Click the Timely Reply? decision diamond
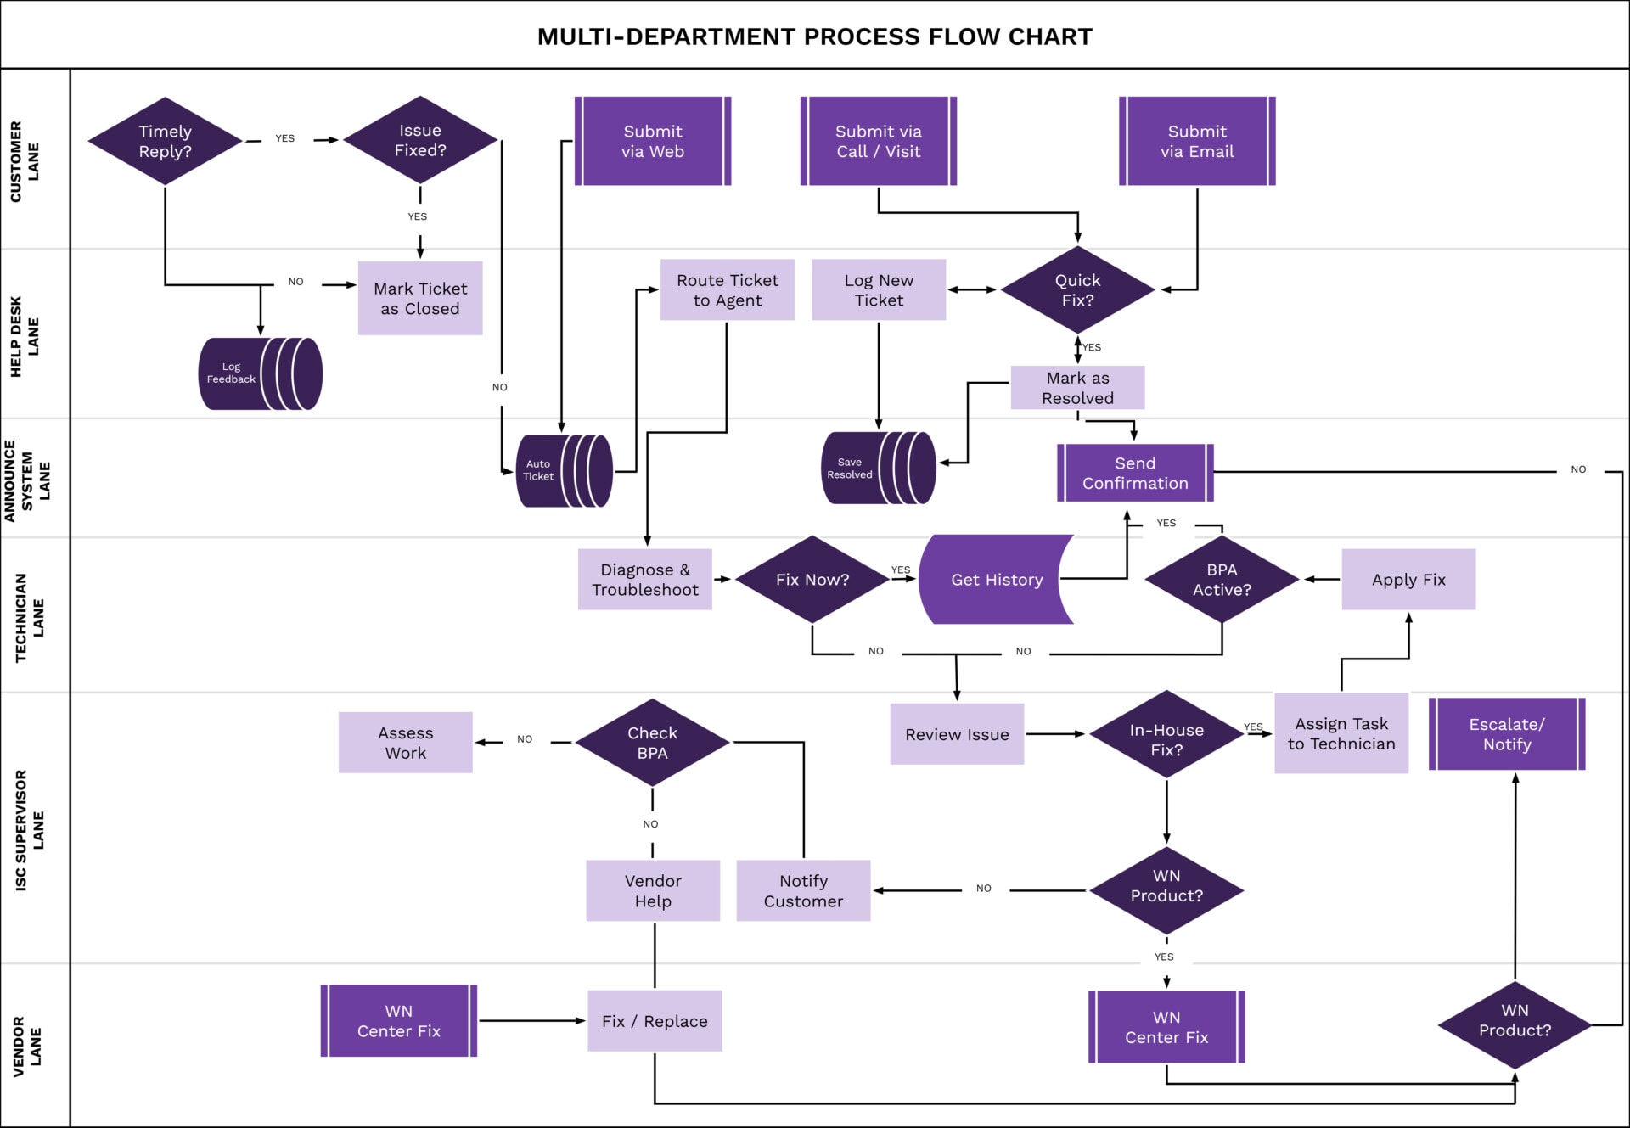pyautogui.click(x=165, y=141)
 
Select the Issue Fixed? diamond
pyautogui.click(x=419, y=140)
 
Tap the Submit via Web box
pyautogui.click(x=652, y=141)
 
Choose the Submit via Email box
pyautogui.click(x=1197, y=141)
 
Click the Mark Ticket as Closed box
pyautogui.click(x=420, y=299)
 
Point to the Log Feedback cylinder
pyautogui.click(x=260, y=373)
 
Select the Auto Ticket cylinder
pyautogui.click(x=564, y=470)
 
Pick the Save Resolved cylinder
pyautogui.click(x=878, y=468)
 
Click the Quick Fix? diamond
pyautogui.click(x=1077, y=290)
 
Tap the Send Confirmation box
pyautogui.click(x=1135, y=473)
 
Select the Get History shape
pyautogui.click(x=996, y=580)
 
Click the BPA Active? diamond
pyautogui.click(x=1222, y=580)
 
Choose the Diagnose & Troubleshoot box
pyautogui.click(x=644, y=580)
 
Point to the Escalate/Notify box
pyautogui.click(x=1507, y=734)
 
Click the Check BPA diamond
pyautogui.click(x=652, y=743)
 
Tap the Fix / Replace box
pyautogui.click(x=655, y=1021)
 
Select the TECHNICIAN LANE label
pyautogui.click(x=29, y=617)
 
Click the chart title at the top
pyautogui.click(x=814, y=36)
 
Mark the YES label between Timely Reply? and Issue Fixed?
pyautogui.click(x=284, y=138)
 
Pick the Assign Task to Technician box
pyautogui.click(x=1341, y=734)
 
